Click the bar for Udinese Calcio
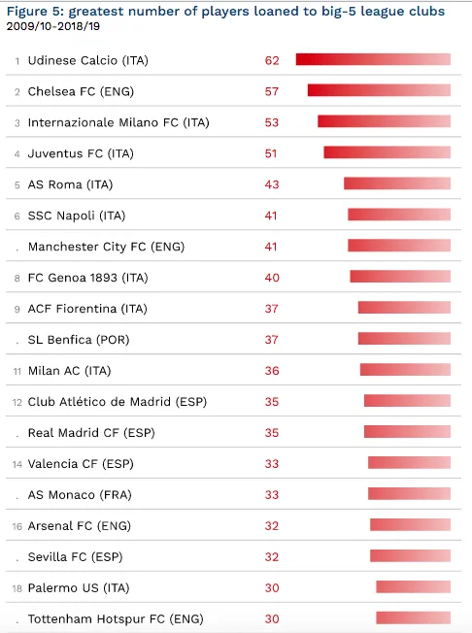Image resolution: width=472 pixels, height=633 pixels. click(x=373, y=59)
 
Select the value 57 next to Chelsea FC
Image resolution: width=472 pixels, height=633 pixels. click(x=272, y=91)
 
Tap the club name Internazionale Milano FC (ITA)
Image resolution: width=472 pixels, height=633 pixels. click(x=118, y=122)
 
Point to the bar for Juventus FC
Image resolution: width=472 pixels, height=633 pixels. click(x=388, y=152)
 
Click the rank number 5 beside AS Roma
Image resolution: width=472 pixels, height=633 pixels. click(x=17, y=185)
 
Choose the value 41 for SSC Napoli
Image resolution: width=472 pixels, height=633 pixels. click(x=271, y=216)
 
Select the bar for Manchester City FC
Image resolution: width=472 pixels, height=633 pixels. click(x=399, y=246)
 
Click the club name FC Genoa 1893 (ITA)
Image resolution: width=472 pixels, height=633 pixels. click(x=88, y=278)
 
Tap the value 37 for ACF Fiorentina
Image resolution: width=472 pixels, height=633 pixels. click(x=272, y=309)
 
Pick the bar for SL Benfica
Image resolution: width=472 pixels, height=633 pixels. click(x=404, y=338)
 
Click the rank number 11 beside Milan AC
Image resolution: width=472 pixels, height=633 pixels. click(x=17, y=372)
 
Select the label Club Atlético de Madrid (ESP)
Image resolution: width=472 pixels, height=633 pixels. click(x=118, y=402)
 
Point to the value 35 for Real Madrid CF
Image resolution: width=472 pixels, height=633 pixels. click(x=272, y=433)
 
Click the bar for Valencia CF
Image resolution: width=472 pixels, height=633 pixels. click(x=410, y=462)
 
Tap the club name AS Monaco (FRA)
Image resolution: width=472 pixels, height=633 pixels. click(x=80, y=495)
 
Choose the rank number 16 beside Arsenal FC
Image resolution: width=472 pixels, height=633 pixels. click(x=17, y=526)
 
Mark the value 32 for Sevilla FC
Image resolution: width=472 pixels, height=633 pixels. click(x=272, y=557)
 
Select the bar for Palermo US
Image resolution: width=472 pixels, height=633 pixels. click(x=414, y=586)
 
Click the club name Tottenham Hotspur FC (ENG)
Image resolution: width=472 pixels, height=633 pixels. click(x=116, y=618)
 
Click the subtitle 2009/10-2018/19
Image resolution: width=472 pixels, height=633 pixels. click(x=53, y=26)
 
